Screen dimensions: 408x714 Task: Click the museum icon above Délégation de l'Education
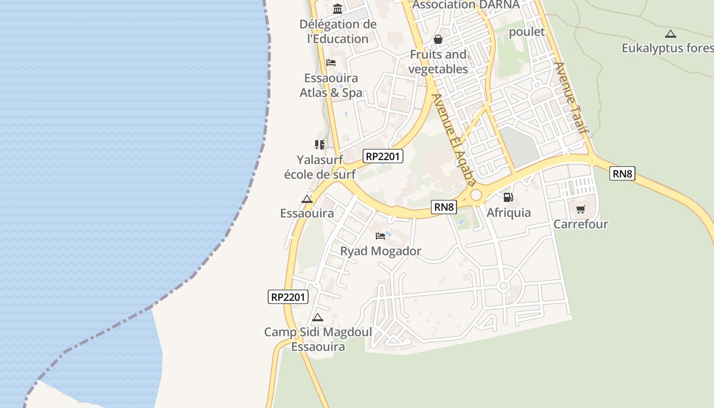(337, 9)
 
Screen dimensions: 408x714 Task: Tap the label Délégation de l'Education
(338, 31)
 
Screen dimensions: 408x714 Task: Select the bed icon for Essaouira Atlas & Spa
(331, 63)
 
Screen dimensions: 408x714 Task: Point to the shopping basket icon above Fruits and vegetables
(438, 39)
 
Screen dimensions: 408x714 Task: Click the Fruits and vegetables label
(439, 62)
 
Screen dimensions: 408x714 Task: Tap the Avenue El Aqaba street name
(454, 139)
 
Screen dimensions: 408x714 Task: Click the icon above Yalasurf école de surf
(320, 145)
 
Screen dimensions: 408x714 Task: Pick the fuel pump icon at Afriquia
(508, 197)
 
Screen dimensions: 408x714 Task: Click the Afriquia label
(508, 213)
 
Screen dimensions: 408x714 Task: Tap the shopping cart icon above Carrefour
(581, 209)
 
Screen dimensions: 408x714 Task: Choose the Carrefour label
(581, 224)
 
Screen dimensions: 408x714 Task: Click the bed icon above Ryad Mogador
(380, 236)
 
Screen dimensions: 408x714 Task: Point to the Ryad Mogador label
(380, 251)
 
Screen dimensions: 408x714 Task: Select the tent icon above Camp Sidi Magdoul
(318, 318)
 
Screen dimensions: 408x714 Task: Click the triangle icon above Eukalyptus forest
(671, 34)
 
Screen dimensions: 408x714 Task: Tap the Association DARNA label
(466, 5)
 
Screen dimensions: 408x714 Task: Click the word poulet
(527, 32)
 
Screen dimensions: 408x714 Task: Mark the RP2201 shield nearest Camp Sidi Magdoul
(288, 297)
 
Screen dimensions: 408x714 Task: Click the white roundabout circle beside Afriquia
(476, 194)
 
